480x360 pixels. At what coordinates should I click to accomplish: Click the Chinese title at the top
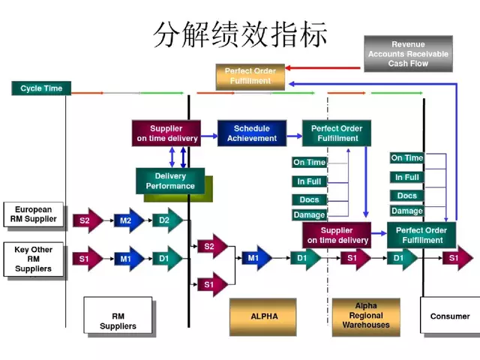240,34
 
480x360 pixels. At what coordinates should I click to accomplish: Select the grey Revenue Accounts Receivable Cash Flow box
408,54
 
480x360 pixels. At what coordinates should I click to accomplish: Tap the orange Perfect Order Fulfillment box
250,76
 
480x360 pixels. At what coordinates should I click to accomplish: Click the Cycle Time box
41,88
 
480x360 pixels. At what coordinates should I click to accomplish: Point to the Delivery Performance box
170,181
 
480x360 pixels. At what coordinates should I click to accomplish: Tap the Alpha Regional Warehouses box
366,316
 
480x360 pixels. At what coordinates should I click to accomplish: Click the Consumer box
449,316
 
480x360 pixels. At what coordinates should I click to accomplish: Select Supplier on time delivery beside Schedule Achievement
166,133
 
